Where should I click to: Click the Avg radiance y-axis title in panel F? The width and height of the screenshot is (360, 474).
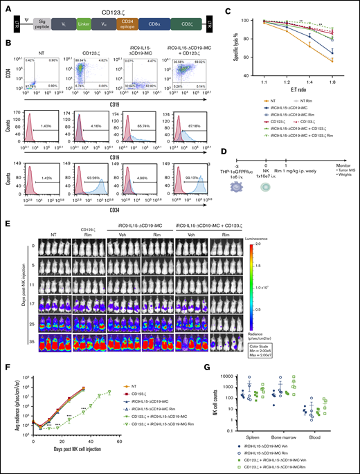[x=10, y=403]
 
